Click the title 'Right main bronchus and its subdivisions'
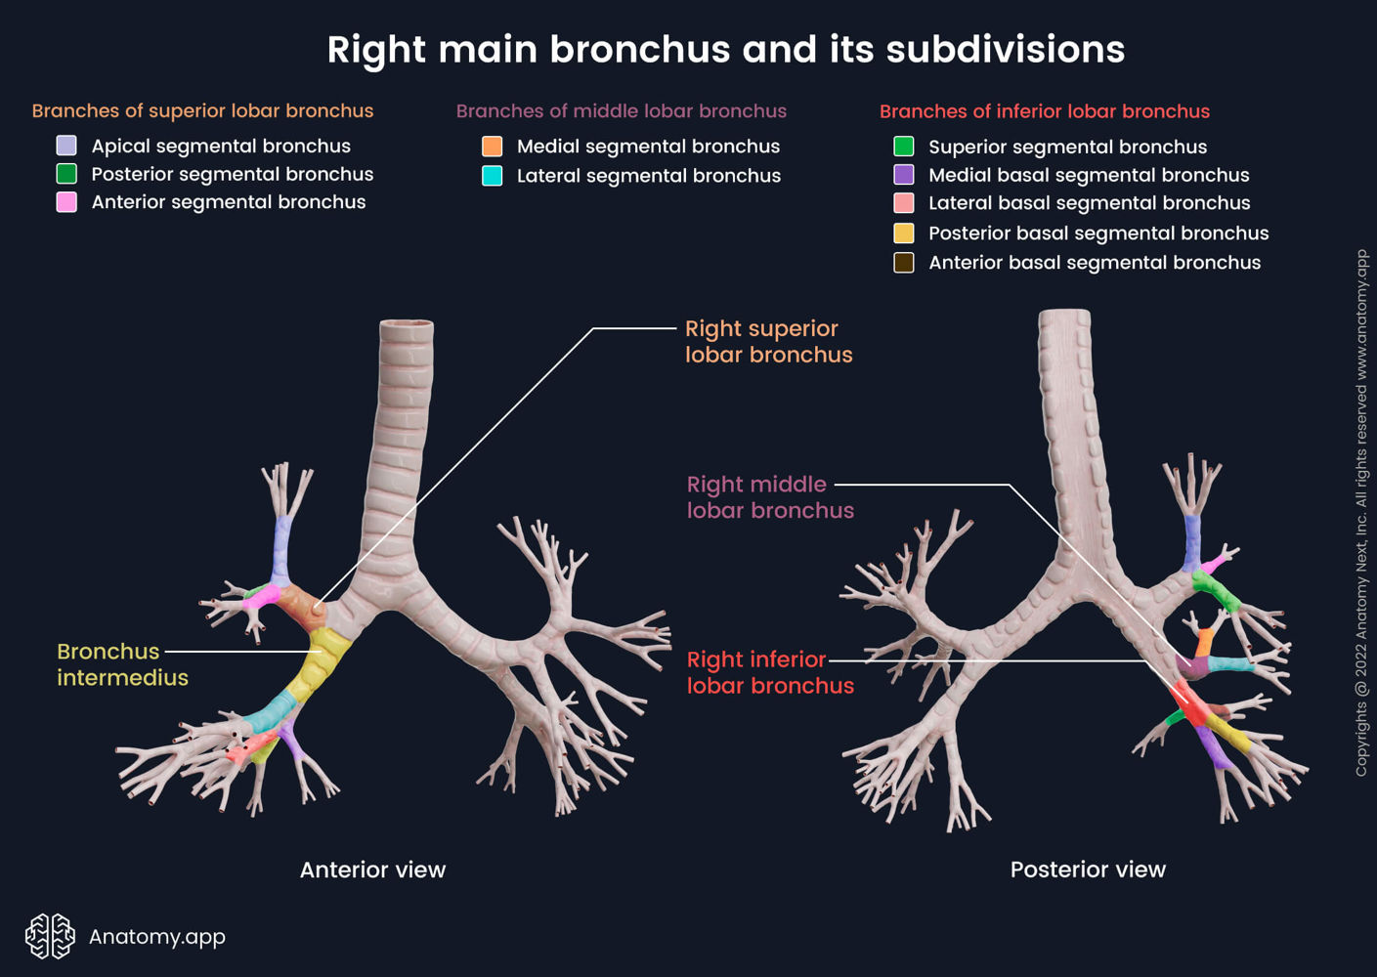coord(725,50)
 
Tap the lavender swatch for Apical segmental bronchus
coord(66,146)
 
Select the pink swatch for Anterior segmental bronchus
coord(66,202)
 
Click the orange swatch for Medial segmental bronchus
coord(493,147)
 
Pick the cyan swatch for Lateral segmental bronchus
coord(493,176)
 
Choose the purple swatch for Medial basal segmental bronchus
coord(904,175)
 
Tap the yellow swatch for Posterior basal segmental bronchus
coord(904,234)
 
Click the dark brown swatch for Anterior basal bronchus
coord(904,263)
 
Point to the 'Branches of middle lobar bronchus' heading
coord(621,111)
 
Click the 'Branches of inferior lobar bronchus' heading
coord(1044,111)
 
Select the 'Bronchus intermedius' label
coord(121,664)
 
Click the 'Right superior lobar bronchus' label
coord(768,342)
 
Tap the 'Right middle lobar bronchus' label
coord(769,497)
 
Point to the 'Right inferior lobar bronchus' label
coord(769,673)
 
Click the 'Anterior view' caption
coord(372,870)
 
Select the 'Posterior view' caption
coord(1088,870)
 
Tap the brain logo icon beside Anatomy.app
coord(50,936)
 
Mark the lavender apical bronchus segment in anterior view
coord(281,547)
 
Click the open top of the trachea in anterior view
coord(407,325)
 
